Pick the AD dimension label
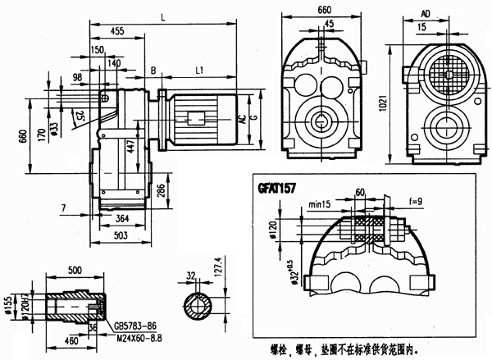coord(425,15)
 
